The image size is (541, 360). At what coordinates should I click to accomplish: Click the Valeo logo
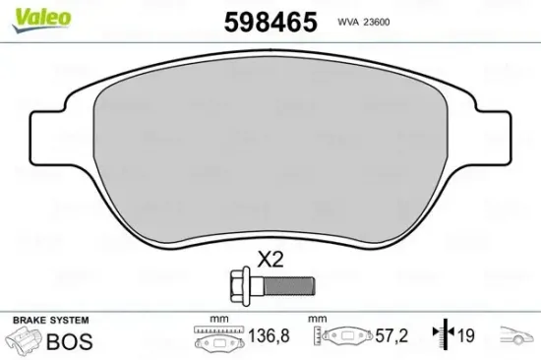[28, 14]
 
